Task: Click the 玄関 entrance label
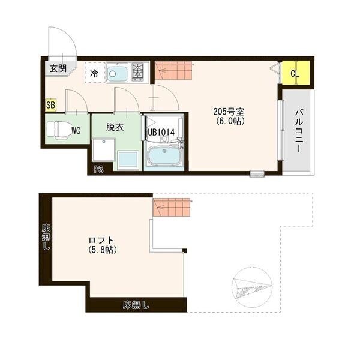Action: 58,68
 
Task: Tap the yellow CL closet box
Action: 295,73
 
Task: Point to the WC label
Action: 76,129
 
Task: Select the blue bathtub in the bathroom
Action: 164,157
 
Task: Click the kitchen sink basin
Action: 117,74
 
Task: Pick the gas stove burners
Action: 139,72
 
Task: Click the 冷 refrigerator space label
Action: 94,74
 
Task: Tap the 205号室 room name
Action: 229,111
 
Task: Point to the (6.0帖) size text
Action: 229,121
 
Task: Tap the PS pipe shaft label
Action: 98,170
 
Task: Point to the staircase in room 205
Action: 173,71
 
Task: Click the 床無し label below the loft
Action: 136,305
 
